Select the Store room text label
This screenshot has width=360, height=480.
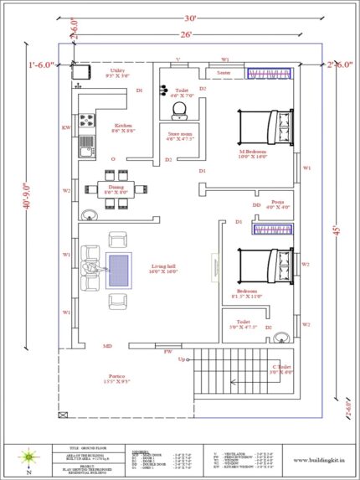click(181, 134)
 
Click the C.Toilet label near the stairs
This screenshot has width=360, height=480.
click(283, 368)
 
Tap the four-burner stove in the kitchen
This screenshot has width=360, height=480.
click(86, 120)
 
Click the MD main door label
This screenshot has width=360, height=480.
click(108, 346)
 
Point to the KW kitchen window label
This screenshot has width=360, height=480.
click(66, 127)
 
